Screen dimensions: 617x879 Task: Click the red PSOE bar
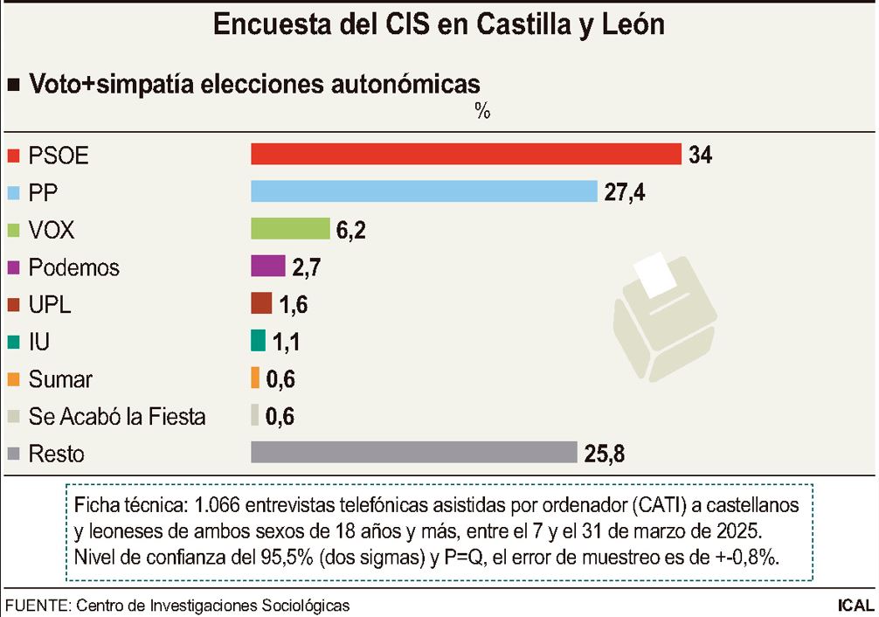tap(466, 154)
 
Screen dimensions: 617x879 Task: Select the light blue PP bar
tap(424, 191)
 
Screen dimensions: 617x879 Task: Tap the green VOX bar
tap(290, 229)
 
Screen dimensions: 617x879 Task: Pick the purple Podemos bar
tap(268, 266)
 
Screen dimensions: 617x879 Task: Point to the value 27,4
tap(626, 192)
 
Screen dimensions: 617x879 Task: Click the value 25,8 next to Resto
tap(605, 454)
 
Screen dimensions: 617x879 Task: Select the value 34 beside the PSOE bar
tap(700, 155)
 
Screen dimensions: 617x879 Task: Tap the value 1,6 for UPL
tap(294, 304)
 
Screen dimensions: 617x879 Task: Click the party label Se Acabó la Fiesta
tap(117, 417)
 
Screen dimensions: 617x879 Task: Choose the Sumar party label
tap(60, 379)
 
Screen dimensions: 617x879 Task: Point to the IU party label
tap(38, 342)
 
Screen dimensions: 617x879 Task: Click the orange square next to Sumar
tap(13, 380)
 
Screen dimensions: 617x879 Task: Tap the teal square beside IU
tap(13, 343)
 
